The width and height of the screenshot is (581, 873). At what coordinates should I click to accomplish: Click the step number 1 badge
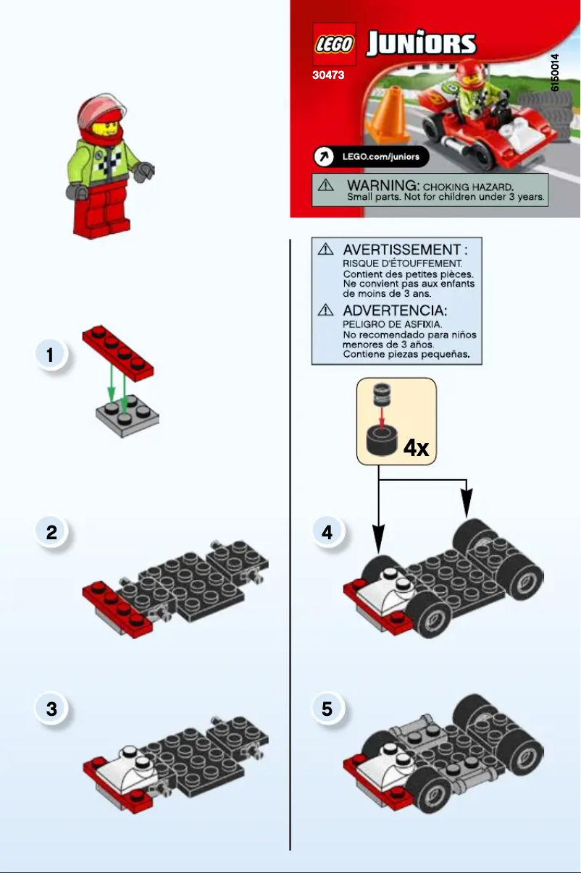coord(50,355)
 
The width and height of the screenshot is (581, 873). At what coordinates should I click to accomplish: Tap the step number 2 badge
coord(51,533)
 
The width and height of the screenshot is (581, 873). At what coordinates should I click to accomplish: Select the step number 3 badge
coord(51,709)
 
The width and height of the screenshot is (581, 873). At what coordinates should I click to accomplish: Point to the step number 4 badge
coord(327,533)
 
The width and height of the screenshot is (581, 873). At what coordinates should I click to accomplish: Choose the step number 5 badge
coord(327,709)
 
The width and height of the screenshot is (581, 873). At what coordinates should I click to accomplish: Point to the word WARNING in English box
coord(380,185)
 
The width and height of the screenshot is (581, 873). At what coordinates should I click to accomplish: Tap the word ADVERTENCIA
coord(395,311)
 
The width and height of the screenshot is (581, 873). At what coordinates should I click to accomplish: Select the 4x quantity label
coord(417,448)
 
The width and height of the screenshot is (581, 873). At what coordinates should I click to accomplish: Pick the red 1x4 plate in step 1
coord(120,352)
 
